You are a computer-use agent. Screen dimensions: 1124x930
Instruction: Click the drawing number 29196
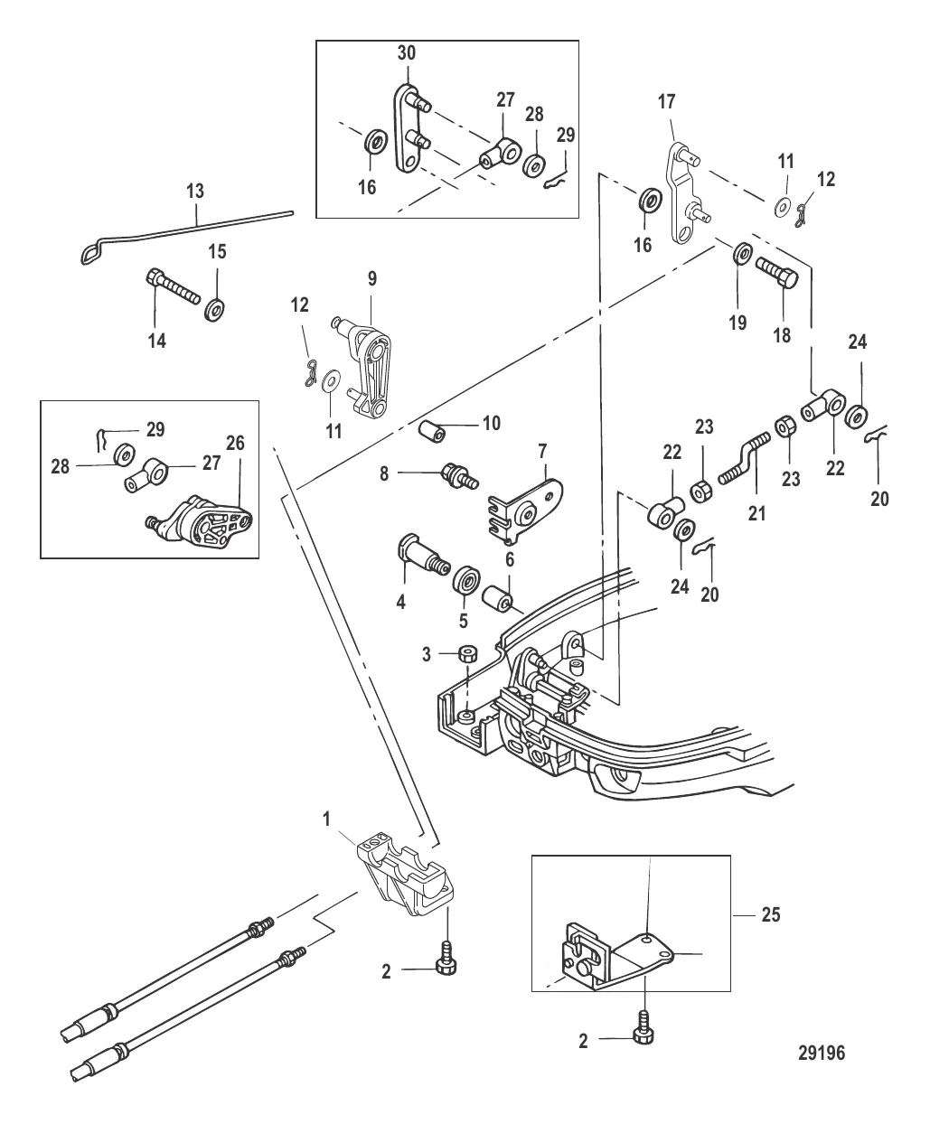pos(822,1053)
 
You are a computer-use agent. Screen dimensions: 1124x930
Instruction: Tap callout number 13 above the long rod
pos(195,192)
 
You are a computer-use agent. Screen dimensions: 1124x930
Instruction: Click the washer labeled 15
pos(216,310)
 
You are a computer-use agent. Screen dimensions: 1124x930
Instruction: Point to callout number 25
pos(771,915)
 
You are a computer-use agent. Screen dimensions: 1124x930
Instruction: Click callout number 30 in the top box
pos(407,53)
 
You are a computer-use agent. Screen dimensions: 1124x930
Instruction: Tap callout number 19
pos(738,322)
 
